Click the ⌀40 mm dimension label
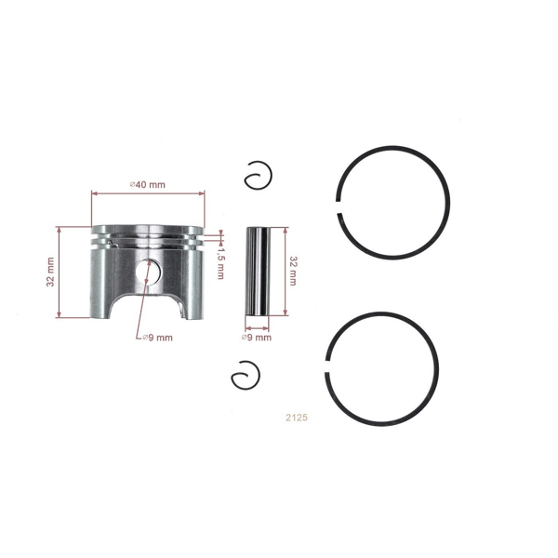point(148,184)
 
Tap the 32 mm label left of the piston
point(51,272)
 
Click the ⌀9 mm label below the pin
point(256,338)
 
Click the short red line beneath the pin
point(257,328)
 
